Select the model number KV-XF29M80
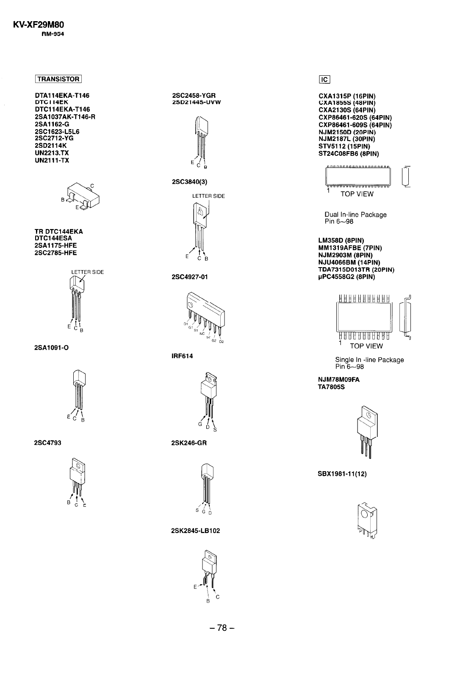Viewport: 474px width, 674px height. (x=41, y=25)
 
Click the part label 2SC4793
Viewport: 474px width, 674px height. (x=47, y=443)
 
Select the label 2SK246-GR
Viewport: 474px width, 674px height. (x=189, y=443)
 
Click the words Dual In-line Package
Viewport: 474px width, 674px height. (x=355, y=215)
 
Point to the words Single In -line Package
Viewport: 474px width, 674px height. (x=369, y=360)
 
